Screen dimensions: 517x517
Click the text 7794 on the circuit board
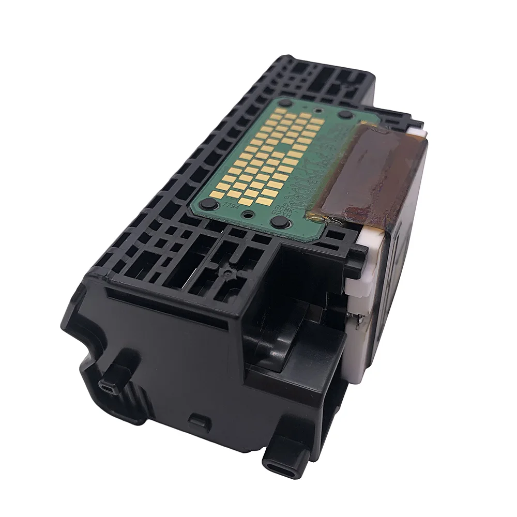pos(229,205)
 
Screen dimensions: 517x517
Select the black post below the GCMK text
pos(280,223)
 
